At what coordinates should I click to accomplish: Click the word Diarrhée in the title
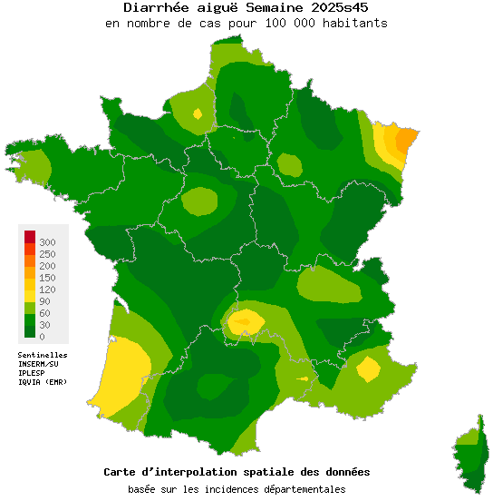pos(155,8)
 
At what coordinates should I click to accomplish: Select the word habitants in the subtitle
pos(354,23)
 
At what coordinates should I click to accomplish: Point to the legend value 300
pos(48,242)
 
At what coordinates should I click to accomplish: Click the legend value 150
pos(48,278)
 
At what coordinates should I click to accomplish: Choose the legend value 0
pos(42,337)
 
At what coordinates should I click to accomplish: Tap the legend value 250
pos(48,254)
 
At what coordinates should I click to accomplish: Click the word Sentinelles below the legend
pos(43,355)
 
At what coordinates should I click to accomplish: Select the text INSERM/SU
pos(38,364)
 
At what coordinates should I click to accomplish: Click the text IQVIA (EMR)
pos(42,381)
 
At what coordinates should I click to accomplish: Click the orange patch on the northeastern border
pos(408,138)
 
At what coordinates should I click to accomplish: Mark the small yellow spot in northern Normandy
pos(198,113)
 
